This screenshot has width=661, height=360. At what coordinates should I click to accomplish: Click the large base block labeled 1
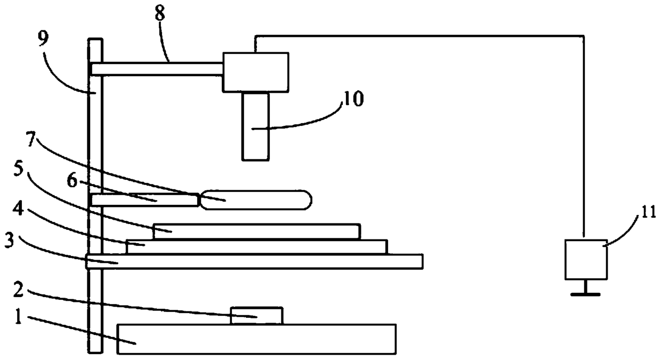point(256,339)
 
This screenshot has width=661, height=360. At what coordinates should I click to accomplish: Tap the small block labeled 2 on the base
point(256,315)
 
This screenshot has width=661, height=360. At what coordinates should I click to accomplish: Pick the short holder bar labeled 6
point(144,200)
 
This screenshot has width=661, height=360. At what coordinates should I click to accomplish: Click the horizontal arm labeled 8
point(157,69)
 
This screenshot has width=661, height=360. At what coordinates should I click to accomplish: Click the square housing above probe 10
point(256,72)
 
